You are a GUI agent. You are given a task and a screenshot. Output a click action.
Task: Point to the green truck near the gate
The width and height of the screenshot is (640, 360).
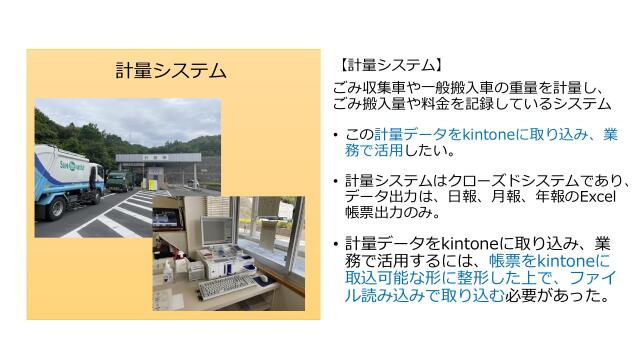118,181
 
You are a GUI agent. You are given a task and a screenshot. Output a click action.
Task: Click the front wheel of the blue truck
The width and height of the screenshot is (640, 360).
56,208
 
